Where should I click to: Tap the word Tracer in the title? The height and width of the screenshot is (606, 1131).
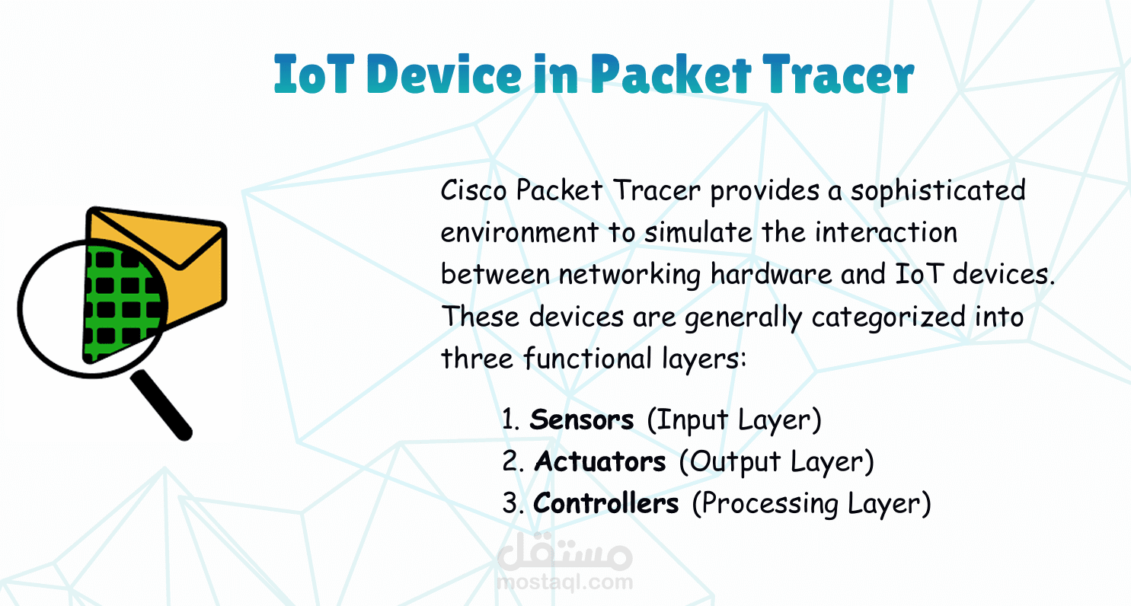(838, 74)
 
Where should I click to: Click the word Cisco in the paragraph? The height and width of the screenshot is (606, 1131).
(474, 191)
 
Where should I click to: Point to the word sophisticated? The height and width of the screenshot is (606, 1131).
(938, 191)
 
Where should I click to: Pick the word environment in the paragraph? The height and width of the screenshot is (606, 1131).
(519, 233)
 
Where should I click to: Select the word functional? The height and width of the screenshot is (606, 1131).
(588, 359)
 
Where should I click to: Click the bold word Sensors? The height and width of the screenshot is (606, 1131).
(581, 419)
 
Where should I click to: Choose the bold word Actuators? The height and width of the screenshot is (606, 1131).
(600, 461)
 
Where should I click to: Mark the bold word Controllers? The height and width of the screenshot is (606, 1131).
(606, 503)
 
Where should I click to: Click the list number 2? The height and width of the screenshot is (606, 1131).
(510, 461)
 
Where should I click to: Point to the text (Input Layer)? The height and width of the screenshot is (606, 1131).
(734, 420)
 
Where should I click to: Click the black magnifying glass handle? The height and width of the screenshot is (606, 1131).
(161, 405)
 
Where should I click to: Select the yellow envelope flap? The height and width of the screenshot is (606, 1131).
(158, 238)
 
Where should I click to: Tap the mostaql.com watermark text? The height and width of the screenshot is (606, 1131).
(564, 582)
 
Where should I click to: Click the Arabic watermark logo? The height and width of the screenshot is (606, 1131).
(564, 552)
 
